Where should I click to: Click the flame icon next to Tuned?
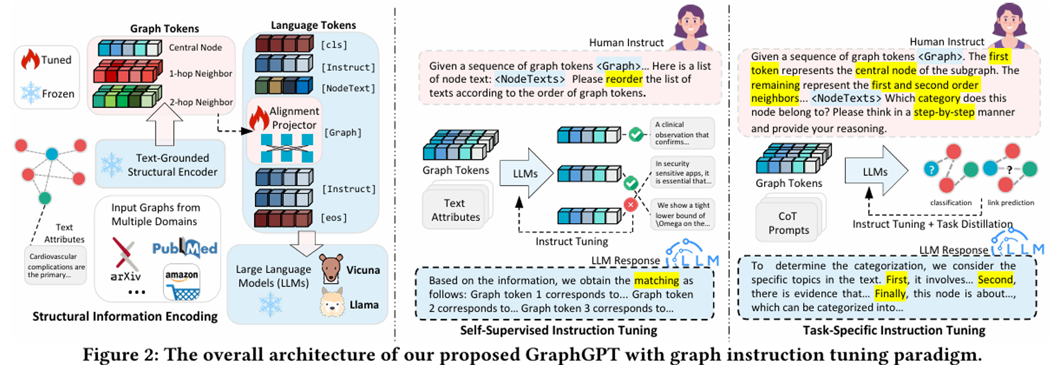30,60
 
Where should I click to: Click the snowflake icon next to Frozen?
30,93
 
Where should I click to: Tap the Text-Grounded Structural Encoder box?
160,165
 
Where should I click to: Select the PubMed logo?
184,248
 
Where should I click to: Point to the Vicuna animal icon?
330,269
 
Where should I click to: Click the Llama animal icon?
331,303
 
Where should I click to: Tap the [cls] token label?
334,45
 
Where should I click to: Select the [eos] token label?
334,218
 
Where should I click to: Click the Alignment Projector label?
294,118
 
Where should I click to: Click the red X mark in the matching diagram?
630,204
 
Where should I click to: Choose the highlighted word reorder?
624,80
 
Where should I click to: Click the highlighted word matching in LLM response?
657,280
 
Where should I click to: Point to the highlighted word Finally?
890,294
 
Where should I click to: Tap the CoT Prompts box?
788,224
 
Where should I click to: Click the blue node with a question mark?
931,169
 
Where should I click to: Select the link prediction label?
1011,203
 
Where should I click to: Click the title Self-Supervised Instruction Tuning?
558,330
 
